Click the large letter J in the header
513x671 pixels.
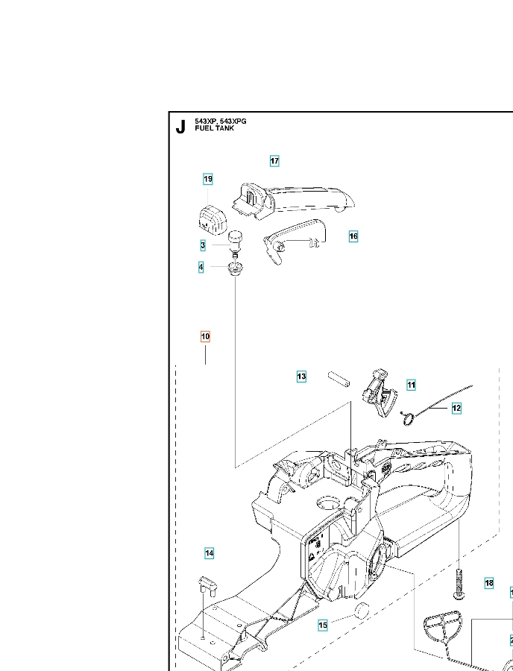click(181, 127)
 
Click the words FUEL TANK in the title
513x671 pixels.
click(214, 128)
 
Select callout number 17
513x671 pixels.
click(274, 161)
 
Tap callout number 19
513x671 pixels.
click(208, 179)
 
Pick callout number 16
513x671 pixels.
click(353, 236)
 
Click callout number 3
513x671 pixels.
click(203, 245)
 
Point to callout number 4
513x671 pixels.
click(201, 268)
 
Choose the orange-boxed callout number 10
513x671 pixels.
click(205, 337)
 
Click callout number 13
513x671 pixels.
click(302, 377)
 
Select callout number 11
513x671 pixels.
click(411, 385)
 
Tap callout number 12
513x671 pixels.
click(456, 409)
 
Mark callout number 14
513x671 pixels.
click(210, 553)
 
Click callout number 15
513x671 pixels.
click(323, 626)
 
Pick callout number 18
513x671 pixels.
click(489, 583)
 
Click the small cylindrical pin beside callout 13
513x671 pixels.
click(339, 379)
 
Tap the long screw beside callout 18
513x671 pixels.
click(459, 584)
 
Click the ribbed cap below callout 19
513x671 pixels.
click(212, 219)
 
